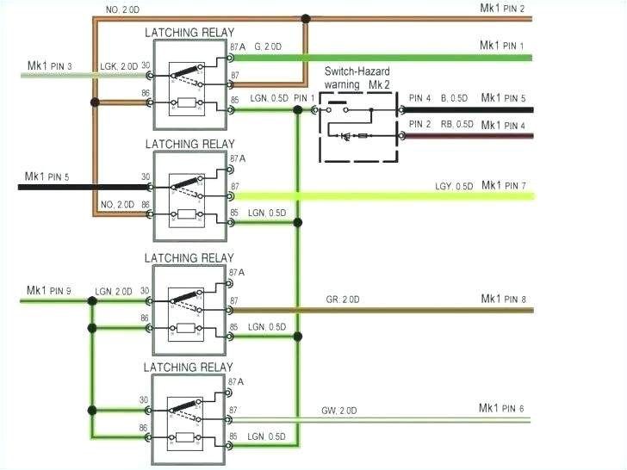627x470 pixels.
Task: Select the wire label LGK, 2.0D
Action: point(119,65)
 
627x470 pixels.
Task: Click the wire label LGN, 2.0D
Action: point(114,292)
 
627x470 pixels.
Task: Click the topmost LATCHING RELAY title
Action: point(189,32)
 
